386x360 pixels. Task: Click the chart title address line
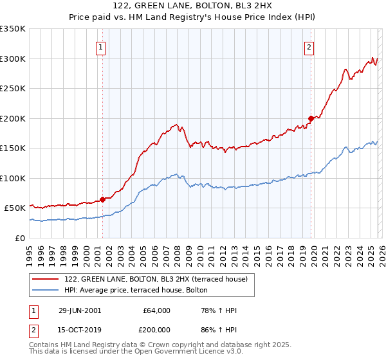193,6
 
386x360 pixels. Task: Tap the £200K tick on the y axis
13,118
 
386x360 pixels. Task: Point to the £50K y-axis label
15,208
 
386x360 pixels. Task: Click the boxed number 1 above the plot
102,46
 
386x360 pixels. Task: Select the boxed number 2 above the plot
309,46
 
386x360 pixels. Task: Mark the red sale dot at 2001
102,199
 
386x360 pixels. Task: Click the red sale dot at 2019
311,118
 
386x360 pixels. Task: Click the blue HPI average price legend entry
136,290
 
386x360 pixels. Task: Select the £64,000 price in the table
156,310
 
